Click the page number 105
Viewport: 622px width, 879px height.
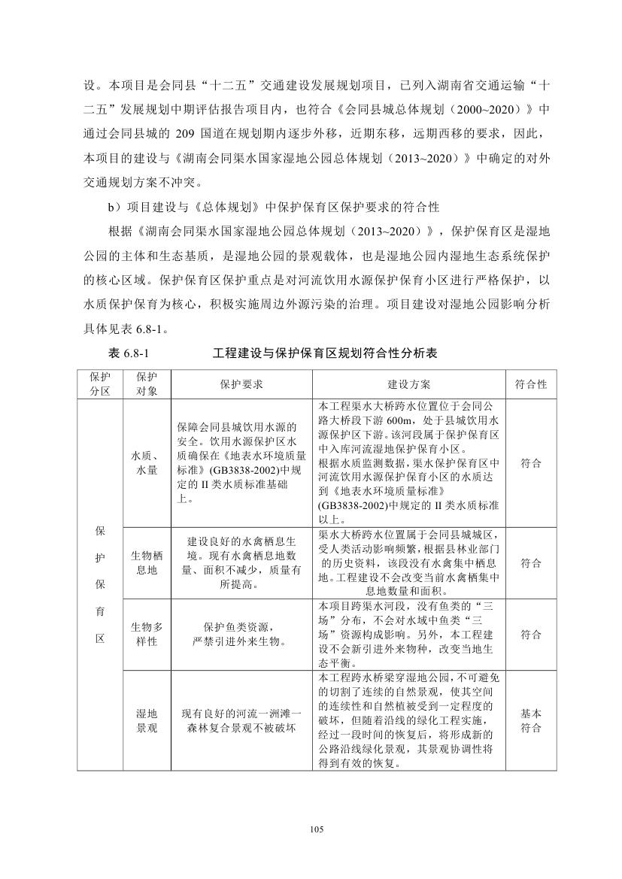(x=316, y=829)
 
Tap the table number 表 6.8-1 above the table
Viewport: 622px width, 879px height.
(x=132, y=353)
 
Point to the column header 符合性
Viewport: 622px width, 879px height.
(x=530, y=384)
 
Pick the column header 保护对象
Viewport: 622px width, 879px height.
(x=147, y=384)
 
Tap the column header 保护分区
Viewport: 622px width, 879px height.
(x=100, y=384)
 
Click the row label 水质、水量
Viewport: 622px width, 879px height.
(x=147, y=463)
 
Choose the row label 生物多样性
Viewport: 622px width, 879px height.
(x=147, y=634)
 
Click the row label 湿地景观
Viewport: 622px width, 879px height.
(x=147, y=720)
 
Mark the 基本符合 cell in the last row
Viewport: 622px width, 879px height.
(x=530, y=720)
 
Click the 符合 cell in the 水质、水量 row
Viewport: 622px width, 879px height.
(x=530, y=463)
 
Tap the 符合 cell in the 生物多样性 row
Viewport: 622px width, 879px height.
(x=530, y=634)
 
